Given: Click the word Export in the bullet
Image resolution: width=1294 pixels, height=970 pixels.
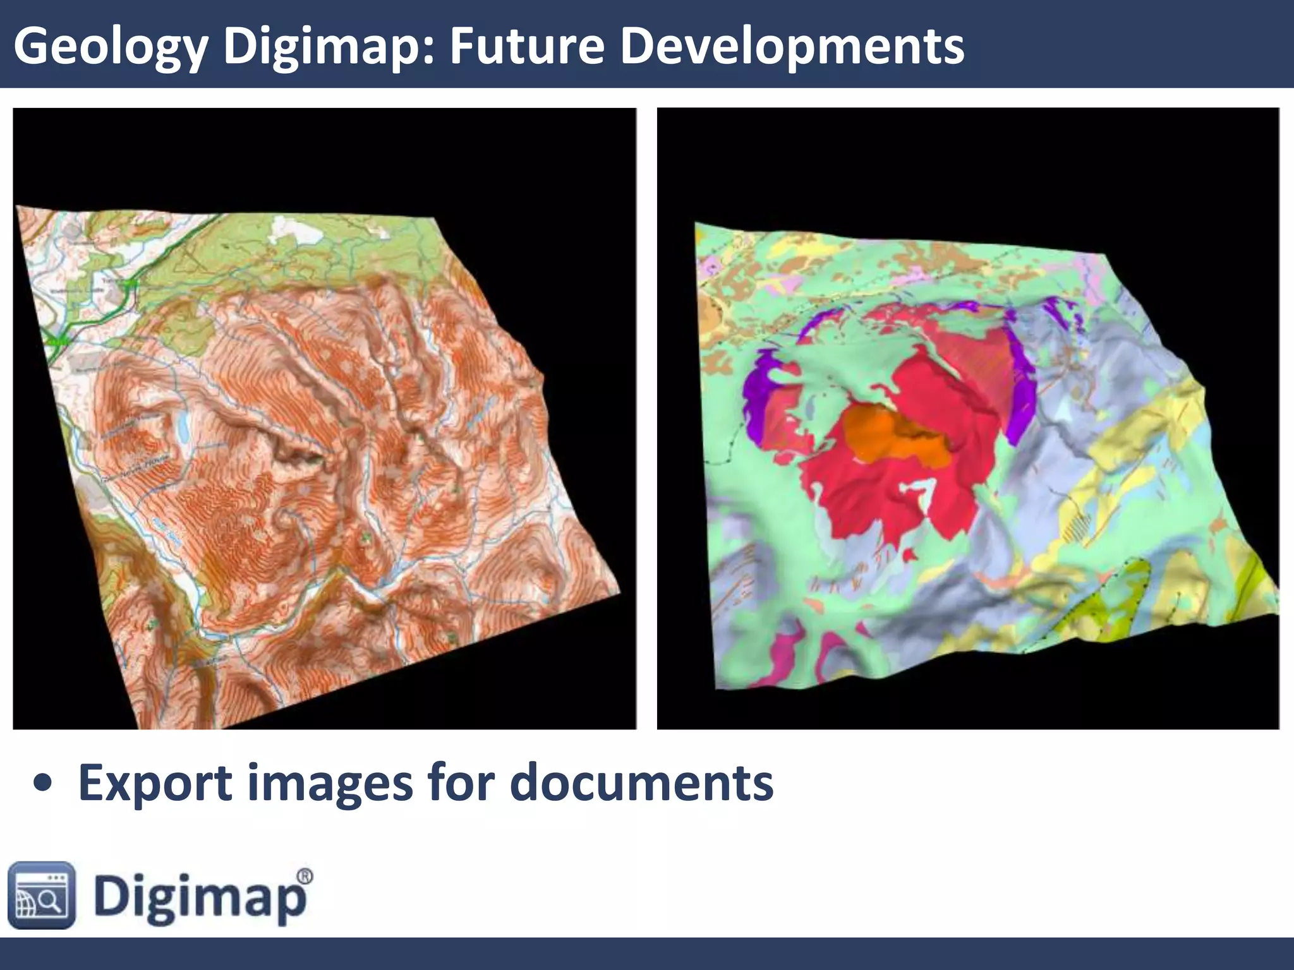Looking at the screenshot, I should coord(155,783).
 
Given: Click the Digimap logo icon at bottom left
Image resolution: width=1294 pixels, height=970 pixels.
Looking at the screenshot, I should coord(42,895).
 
